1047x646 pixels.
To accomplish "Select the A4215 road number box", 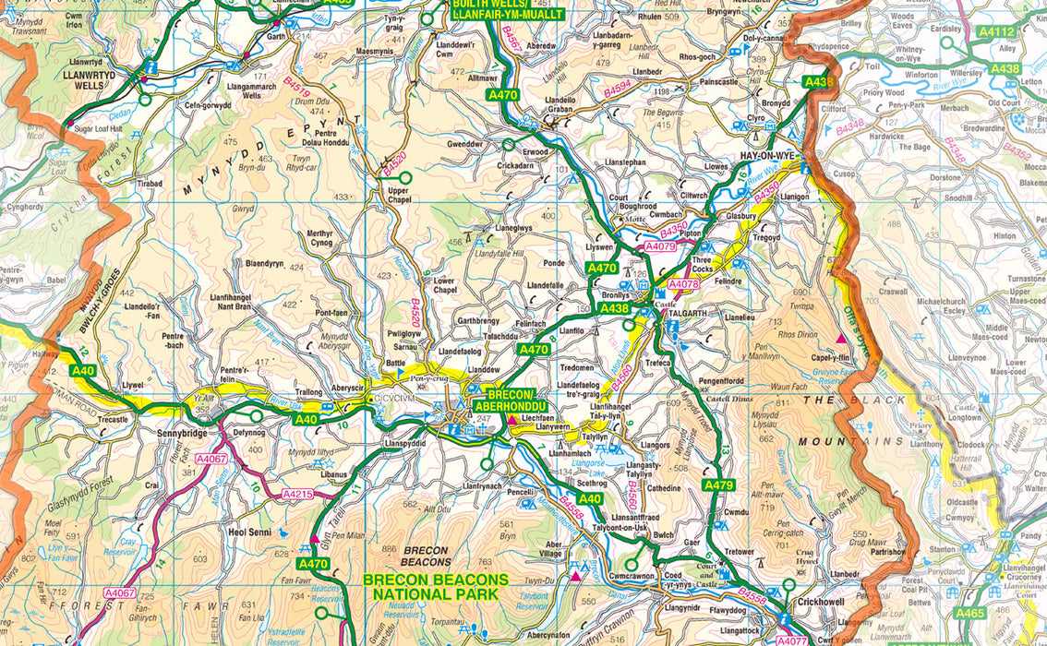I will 298,495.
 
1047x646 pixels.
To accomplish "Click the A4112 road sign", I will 996,32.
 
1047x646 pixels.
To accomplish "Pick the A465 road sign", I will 969,613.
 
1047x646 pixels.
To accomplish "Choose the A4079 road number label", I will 661,246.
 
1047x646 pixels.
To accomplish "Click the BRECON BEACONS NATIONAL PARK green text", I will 435,587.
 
